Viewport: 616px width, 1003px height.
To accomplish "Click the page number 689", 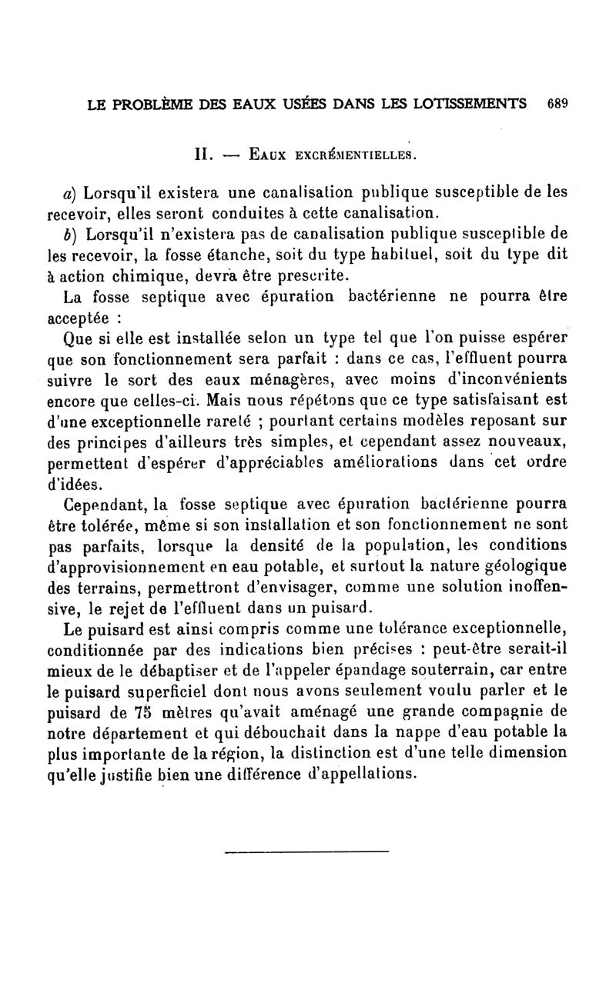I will click(556, 104).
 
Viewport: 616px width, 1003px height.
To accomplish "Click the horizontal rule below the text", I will click(307, 851).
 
